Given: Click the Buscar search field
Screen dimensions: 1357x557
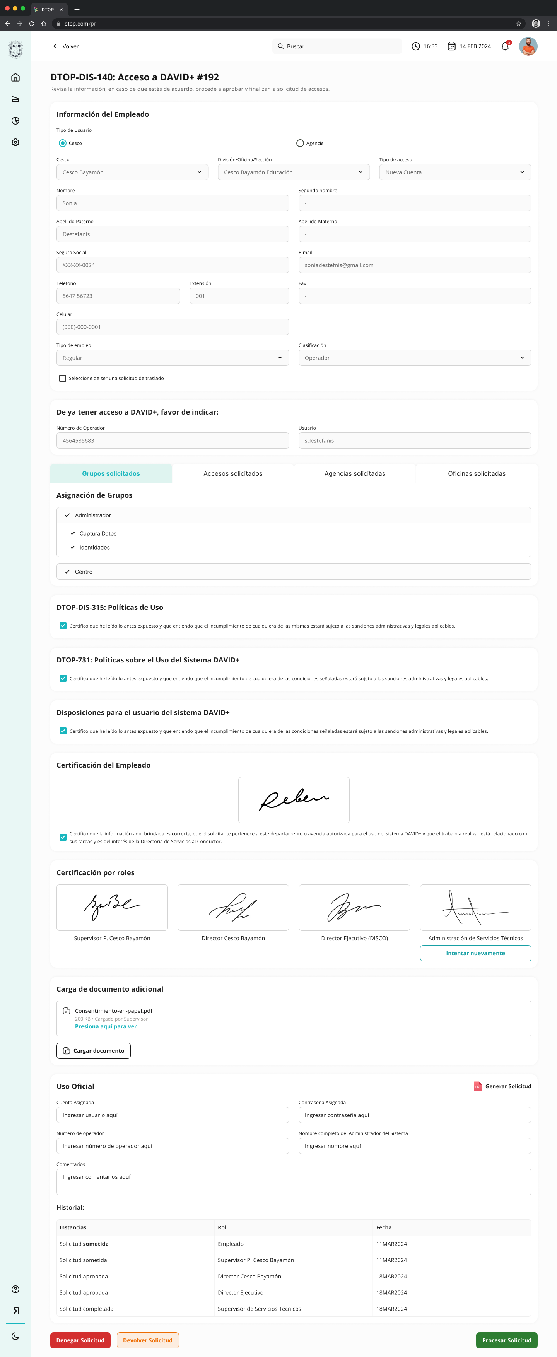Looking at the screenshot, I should (x=337, y=46).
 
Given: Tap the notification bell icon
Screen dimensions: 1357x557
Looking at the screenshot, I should (x=505, y=46).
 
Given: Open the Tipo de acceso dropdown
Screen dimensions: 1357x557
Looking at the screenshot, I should (x=455, y=172).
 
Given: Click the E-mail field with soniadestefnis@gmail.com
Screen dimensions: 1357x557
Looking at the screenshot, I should (x=414, y=265).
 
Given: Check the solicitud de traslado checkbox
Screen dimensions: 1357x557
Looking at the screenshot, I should (x=63, y=378).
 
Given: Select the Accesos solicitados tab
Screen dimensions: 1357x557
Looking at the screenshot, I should (x=233, y=474).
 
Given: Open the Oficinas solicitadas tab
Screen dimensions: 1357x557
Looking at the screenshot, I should (x=477, y=474).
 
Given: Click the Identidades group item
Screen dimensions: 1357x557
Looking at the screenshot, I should (x=94, y=547).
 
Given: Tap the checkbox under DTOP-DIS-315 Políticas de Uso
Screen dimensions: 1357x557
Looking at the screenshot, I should (x=63, y=626).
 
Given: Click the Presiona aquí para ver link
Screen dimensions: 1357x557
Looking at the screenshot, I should (x=105, y=1026).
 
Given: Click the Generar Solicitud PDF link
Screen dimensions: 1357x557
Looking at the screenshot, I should (x=503, y=1086).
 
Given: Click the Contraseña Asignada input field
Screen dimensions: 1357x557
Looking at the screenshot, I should (x=414, y=1115).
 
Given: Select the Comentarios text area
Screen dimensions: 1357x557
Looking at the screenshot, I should (x=294, y=1181).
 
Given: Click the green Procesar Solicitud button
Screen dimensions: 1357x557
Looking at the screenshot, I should (x=506, y=1340).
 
